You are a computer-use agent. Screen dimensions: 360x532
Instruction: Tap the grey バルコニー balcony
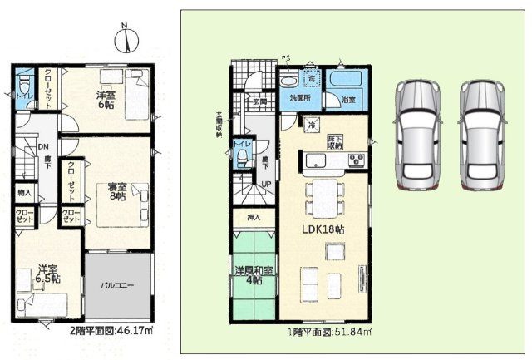coord(118,285)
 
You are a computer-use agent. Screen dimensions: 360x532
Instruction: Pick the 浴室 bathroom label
coord(348,101)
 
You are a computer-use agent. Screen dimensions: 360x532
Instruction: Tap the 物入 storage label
coord(25,193)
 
